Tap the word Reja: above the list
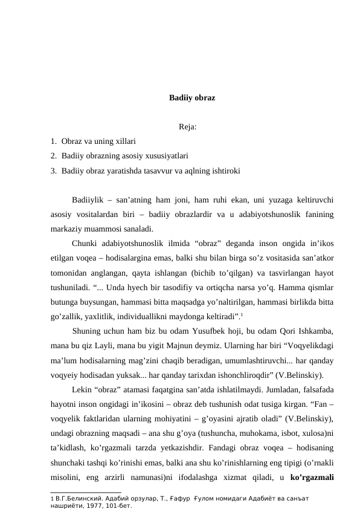pyautogui.click(x=189, y=127)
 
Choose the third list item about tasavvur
pyautogui.click(x=150, y=171)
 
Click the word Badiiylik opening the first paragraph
pyautogui.click(x=90, y=201)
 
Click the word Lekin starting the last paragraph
pyautogui.click(x=82, y=389)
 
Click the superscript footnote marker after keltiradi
pyautogui.click(x=242, y=313)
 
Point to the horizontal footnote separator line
pyautogui.click(x=86, y=493)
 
